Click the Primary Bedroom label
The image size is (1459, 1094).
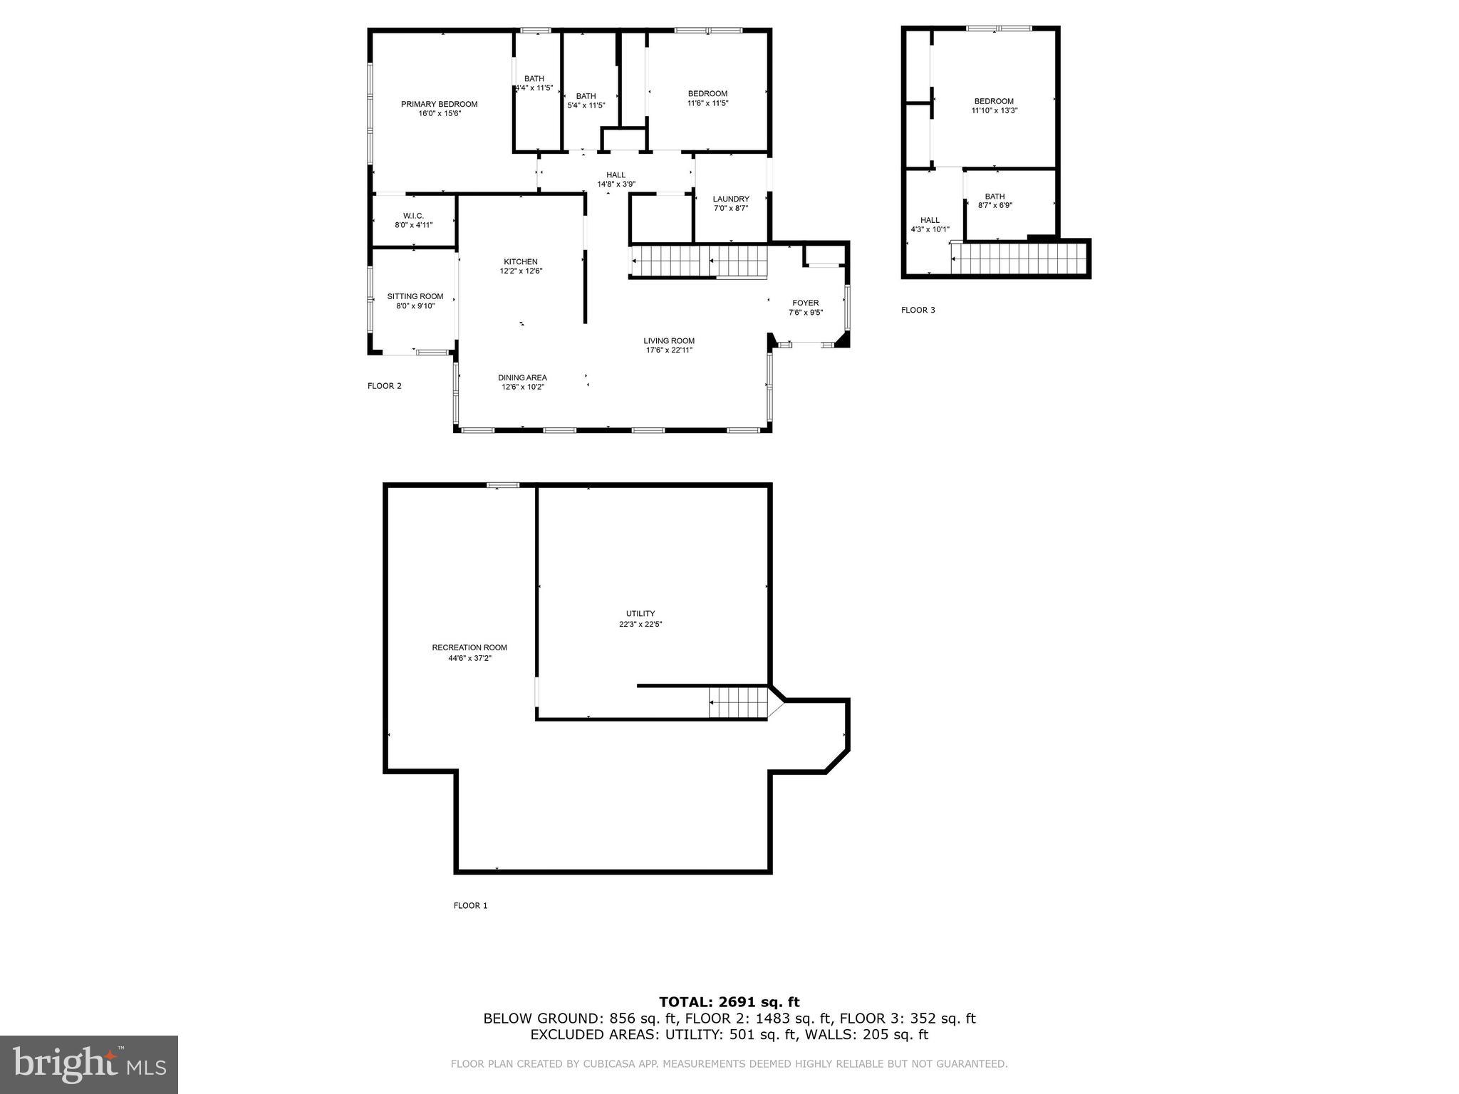(x=439, y=105)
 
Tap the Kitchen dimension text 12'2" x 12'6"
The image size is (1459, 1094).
(x=521, y=271)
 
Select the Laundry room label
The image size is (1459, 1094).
(x=731, y=199)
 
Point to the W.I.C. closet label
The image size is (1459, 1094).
(x=413, y=216)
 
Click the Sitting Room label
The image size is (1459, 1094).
(x=415, y=297)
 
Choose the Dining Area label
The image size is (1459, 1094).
(x=522, y=378)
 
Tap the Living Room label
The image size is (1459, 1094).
(x=669, y=341)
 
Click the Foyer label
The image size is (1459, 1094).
(x=805, y=303)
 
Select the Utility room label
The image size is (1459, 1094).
(x=640, y=614)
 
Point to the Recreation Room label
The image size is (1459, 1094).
(x=469, y=648)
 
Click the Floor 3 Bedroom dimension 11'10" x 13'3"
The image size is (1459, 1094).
(x=995, y=111)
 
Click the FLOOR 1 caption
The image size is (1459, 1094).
(x=470, y=906)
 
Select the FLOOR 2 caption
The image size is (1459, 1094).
(x=384, y=387)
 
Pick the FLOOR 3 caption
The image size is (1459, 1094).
(x=918, y=311)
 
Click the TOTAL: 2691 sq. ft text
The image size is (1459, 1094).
(x=729, y=1003)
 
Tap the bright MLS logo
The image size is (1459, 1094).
(x=89, y=1064)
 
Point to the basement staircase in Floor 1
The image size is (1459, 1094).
(x=738, y=703)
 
